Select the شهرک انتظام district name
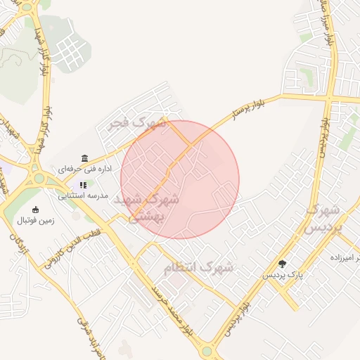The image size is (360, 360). tap(198, 268)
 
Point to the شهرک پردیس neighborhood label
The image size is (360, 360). tap(323, 219)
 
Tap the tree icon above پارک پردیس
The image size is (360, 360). tap(283, 264)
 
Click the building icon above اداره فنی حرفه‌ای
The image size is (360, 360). tap(85, 157)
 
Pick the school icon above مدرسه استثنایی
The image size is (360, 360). tap(83, 185)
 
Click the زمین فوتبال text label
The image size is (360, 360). tap(35, 220)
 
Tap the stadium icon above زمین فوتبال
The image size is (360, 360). tap(35, 210)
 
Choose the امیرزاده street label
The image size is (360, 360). tap(345, 258)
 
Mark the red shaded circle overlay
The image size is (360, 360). tap(180, 179)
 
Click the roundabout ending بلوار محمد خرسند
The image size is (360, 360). tap(207, 350)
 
